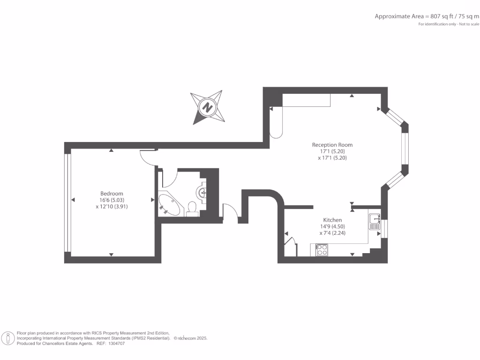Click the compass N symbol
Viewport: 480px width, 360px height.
tap(206, 107)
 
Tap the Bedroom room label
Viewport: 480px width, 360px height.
tap(112, 194)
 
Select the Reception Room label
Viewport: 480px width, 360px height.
tap(332, 145)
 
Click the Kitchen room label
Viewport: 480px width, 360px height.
tap(332, 220)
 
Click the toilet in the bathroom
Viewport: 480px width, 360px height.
tap(192, 208)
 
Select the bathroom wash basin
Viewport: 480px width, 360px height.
tap(202, 192)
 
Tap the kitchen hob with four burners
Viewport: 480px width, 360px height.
tap(322, 250)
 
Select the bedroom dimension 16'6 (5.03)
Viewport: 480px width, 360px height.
tap(112, 200)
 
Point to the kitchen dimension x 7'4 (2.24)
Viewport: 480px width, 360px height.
tap(332, 232)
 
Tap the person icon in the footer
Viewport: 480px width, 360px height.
tap(8, 338)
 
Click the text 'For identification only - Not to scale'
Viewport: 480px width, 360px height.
tap(449, 24)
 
